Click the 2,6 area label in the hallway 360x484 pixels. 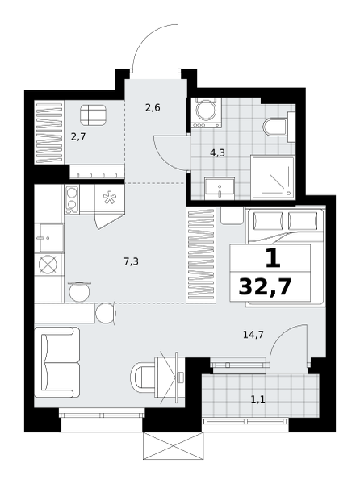point(153,108)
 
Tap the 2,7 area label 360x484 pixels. point(78,137)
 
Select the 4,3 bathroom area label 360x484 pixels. point(218,152)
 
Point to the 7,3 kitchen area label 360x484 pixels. point(132,262)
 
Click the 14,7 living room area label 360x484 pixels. point(253,334)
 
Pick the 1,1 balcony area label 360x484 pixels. point(258,400)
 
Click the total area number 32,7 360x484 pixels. point(266,287)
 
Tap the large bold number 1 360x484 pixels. point(273,259)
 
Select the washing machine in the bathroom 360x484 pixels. point(207,113)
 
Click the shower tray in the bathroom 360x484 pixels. point(272,177)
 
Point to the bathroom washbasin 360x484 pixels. point(220,188)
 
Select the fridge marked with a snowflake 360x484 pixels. point(109,207)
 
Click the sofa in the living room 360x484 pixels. point(57,362)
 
